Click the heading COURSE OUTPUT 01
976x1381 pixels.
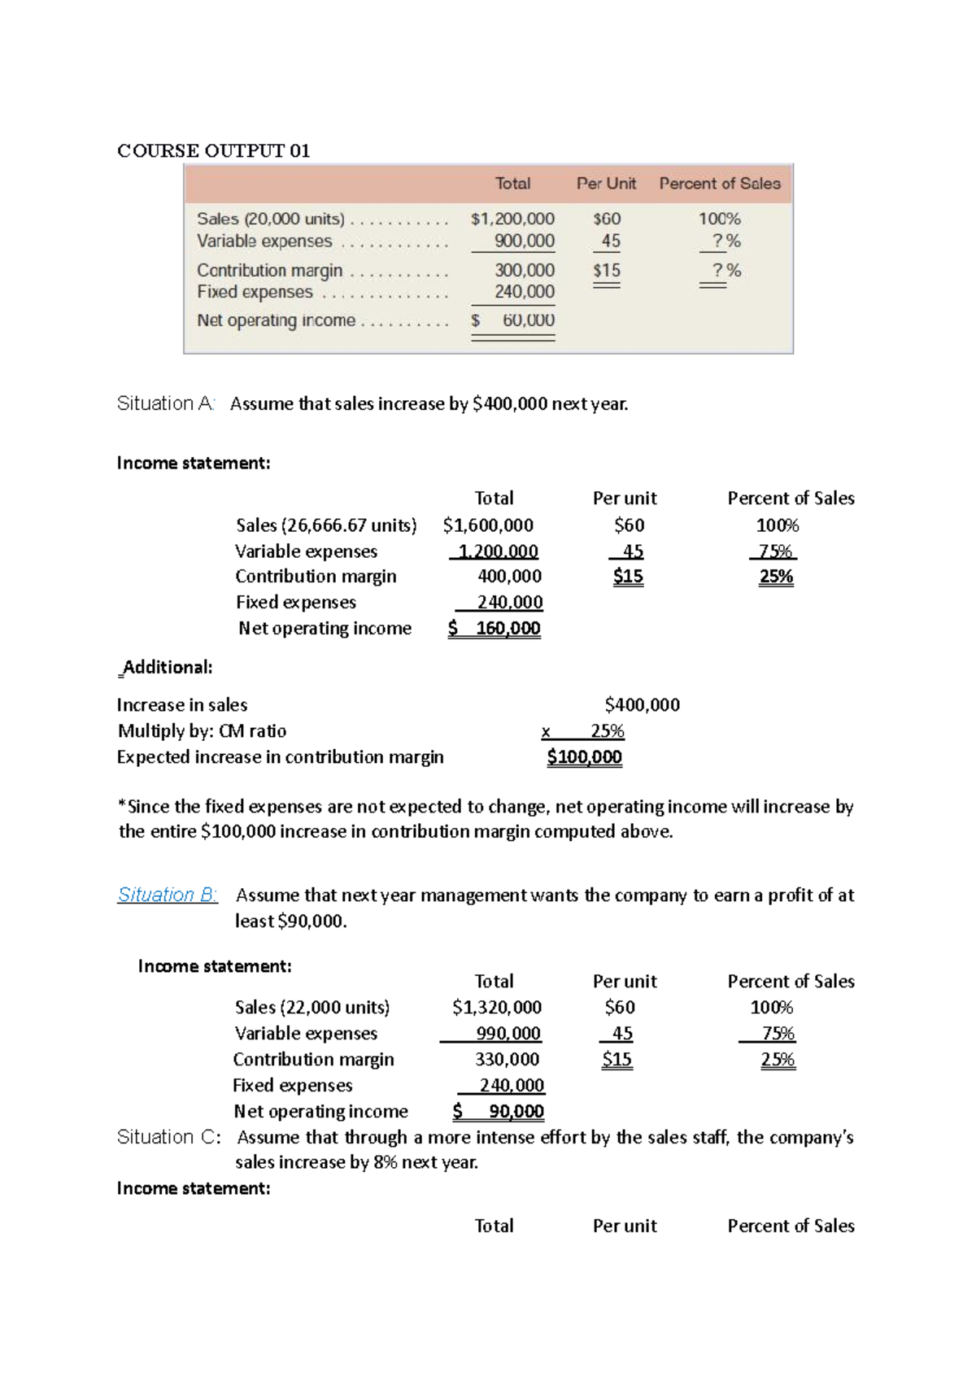coord(213,151)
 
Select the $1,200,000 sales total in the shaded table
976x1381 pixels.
coord(512,219)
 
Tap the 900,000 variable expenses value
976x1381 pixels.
coord(524,242)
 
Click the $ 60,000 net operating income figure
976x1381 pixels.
coord(513,320)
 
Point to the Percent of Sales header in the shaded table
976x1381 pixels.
coord(719,184)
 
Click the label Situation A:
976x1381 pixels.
coord(165,403)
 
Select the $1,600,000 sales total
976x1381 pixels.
coord(488,525)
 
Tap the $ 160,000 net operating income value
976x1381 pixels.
coord(495,628)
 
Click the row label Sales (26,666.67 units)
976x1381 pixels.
coord(326,525)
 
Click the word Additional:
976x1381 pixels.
coord(167,668)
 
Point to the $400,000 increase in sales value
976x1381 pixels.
coord(642,705)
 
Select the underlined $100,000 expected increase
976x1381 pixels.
coord(584,757)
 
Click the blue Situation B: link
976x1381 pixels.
coord(167,895)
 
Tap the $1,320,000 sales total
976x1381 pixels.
coord(496,1008)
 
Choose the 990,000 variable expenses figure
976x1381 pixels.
coord(508,1034)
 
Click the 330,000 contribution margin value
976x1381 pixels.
coord(507,1060)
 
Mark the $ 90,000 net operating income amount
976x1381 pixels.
coord(499,1112)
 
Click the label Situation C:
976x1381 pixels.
coord(168,1137)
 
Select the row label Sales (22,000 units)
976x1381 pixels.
coord(312,1008)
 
